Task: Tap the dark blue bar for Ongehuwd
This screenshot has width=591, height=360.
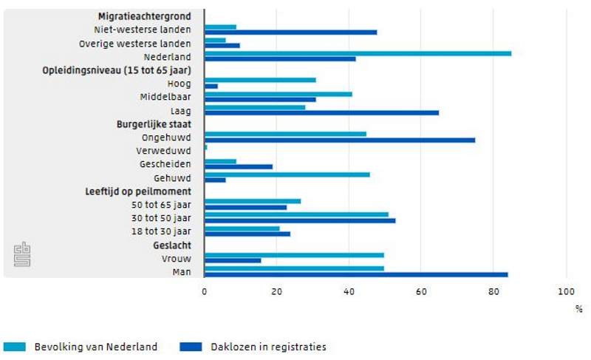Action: coord(340,140)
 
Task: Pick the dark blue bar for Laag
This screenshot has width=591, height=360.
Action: coord(321,112)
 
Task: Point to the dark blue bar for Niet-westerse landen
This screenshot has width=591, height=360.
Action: coord(290,32)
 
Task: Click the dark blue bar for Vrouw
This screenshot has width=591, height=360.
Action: coord(233,260)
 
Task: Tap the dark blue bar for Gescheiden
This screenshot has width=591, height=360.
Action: coord(239,166)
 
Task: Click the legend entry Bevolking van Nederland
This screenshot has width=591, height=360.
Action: coord(81,346)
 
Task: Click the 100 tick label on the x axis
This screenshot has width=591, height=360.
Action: coord(565,291)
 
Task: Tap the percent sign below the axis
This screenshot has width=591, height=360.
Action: coord(578,309)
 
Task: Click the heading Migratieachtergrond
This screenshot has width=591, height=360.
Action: coord(144,16)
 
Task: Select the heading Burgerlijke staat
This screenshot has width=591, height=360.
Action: coord(152,124)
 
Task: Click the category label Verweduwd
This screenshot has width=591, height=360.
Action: coord(165,151)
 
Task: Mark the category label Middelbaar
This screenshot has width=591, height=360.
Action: coord(165,97)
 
